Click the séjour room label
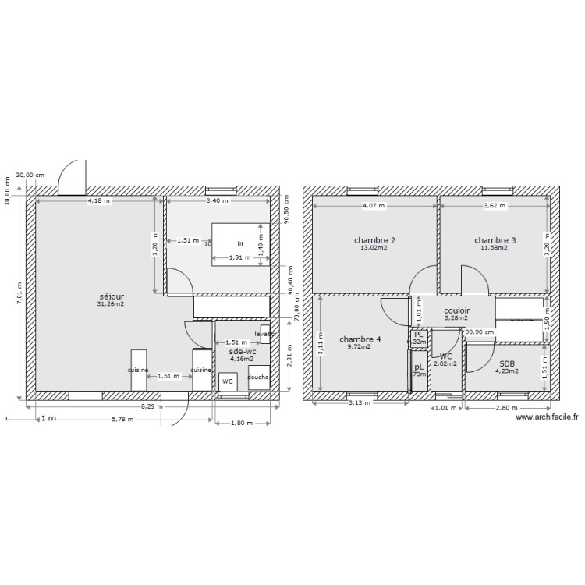click(x=111, y=296)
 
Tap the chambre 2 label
click(x=374, y=240)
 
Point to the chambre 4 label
click(x=360, y=339)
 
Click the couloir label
click(x=456, y=310)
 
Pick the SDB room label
click(x=507, y=363)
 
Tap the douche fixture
click(x=258, y=378)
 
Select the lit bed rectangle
click(x=241, y=243)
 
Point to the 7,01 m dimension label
click(x=19, y=294)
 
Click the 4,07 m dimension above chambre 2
click(x=374, y=206)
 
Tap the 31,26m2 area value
click(x=111, y=304)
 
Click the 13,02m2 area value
click(x=374, y=248)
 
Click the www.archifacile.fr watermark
click(x=548, y=417)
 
